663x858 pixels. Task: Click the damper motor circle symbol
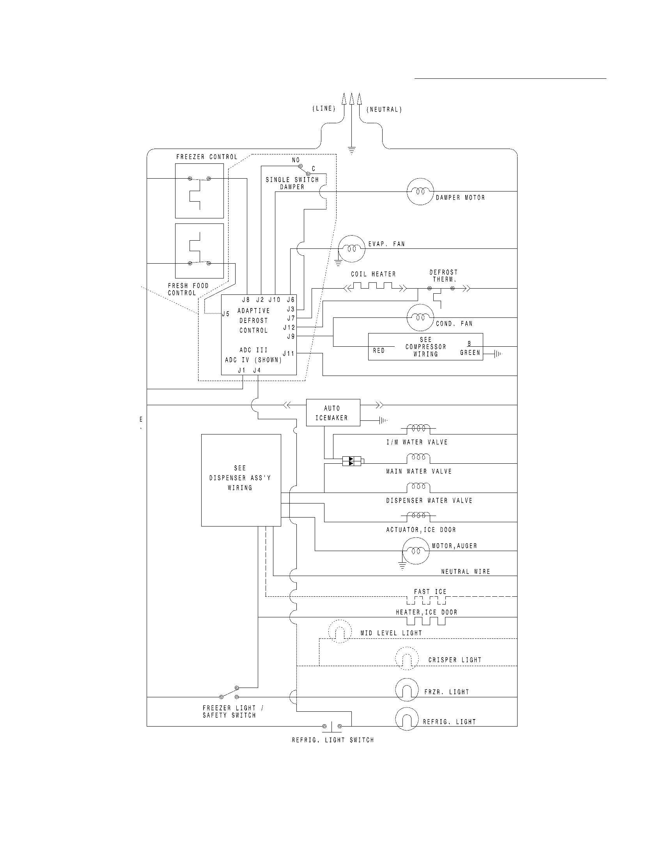[x=420, y=192]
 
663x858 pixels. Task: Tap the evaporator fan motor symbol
[x=352, y=249]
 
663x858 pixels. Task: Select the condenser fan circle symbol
[x=420, y=317]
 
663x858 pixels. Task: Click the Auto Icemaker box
[x=333, y=413]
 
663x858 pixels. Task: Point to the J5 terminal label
[x=225, y=314]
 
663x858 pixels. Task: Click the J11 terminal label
[x=288, y=354]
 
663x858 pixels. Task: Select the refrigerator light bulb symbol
[x=406, y=719]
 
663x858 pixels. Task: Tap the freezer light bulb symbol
[x=406, y=690]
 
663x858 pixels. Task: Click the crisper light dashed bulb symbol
[x=406, y=658]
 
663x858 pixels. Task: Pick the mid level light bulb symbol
[x=339, y=631]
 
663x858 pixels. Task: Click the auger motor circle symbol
[x=416, y=551]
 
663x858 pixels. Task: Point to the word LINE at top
[x=324, y=109]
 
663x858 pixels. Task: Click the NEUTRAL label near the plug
[x=384, y=110]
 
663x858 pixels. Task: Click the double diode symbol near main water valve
[x=352, y=461]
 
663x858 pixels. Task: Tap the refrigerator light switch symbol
[x=332, y=727]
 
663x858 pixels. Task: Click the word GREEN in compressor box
[x=470, y=353]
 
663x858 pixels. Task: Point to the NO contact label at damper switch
[x=295, y=160]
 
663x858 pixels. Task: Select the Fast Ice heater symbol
[x=426, y=600]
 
